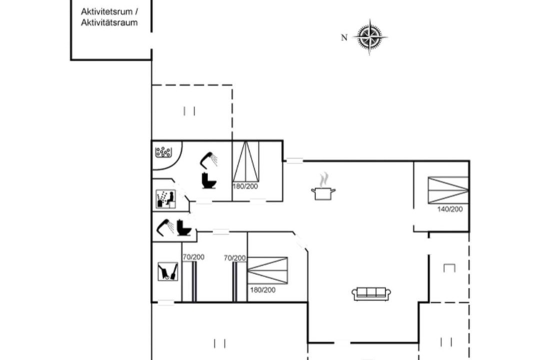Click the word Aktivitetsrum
[107, 11]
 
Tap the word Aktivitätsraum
[109, 22]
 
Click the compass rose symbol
[369, 36]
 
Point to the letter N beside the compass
[344, 37]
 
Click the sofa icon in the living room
[371, 293]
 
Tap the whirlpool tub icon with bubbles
[163, 152]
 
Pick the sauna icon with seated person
[165, 199]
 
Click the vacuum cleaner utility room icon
[167, 271]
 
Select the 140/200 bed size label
[450, 209]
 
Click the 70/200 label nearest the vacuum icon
[193, 257]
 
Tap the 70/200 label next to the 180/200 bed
[234, 257]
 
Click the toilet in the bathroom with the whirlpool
[208, 180]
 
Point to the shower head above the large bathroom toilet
[208, 160]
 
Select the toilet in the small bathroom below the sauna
[184, 227]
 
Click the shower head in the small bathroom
[165, 227]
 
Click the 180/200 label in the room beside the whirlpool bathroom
[245, 186]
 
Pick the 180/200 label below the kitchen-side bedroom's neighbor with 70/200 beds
[263, 290]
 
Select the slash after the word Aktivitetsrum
[136, 11]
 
